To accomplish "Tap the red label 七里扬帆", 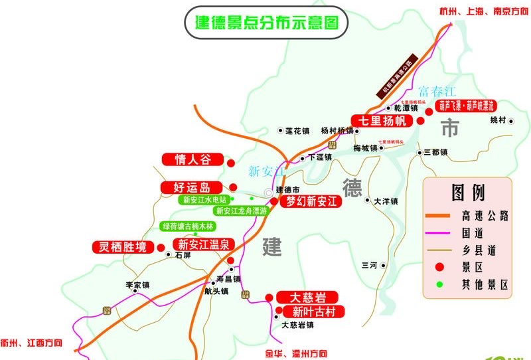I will (382, 121).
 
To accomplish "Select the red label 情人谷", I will (191, 159).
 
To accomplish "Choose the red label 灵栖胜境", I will (121, 247).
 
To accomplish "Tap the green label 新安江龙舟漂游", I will (241, 211).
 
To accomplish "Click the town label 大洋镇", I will (386, 200).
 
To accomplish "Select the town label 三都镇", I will (436, 152).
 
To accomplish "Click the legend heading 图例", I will (468, 193).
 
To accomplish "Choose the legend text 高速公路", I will (485, 215).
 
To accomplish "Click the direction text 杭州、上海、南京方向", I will (484, 11).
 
